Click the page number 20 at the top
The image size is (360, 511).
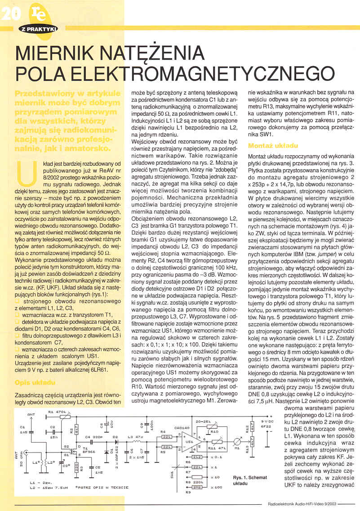click(9, 14)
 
